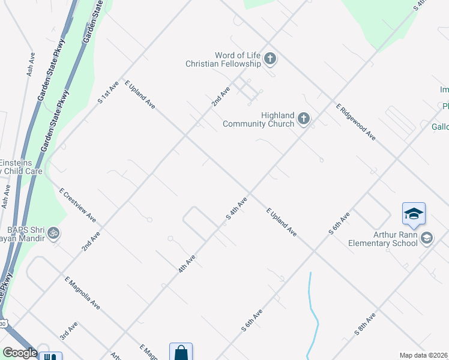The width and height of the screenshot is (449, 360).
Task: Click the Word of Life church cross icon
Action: [270, 58]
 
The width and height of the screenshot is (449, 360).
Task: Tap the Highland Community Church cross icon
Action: [304, 119]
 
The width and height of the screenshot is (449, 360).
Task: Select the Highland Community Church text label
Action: [259, 119]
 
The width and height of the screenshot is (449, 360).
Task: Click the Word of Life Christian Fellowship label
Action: [223, 59]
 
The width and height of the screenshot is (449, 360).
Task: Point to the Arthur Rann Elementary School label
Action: [383, 239]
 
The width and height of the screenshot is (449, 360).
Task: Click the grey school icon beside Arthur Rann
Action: [426, 238]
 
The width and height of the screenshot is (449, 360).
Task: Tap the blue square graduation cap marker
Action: [414, 214]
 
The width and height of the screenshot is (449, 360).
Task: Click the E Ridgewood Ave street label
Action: [356, 122]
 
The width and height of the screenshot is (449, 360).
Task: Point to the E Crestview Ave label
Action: [77, 205]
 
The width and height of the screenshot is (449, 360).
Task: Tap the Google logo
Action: [20, 353]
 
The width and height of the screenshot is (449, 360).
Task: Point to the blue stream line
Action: [312, 312]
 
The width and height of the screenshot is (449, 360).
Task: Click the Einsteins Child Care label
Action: [21, 167]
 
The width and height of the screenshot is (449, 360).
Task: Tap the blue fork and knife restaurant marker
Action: [50, 356]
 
